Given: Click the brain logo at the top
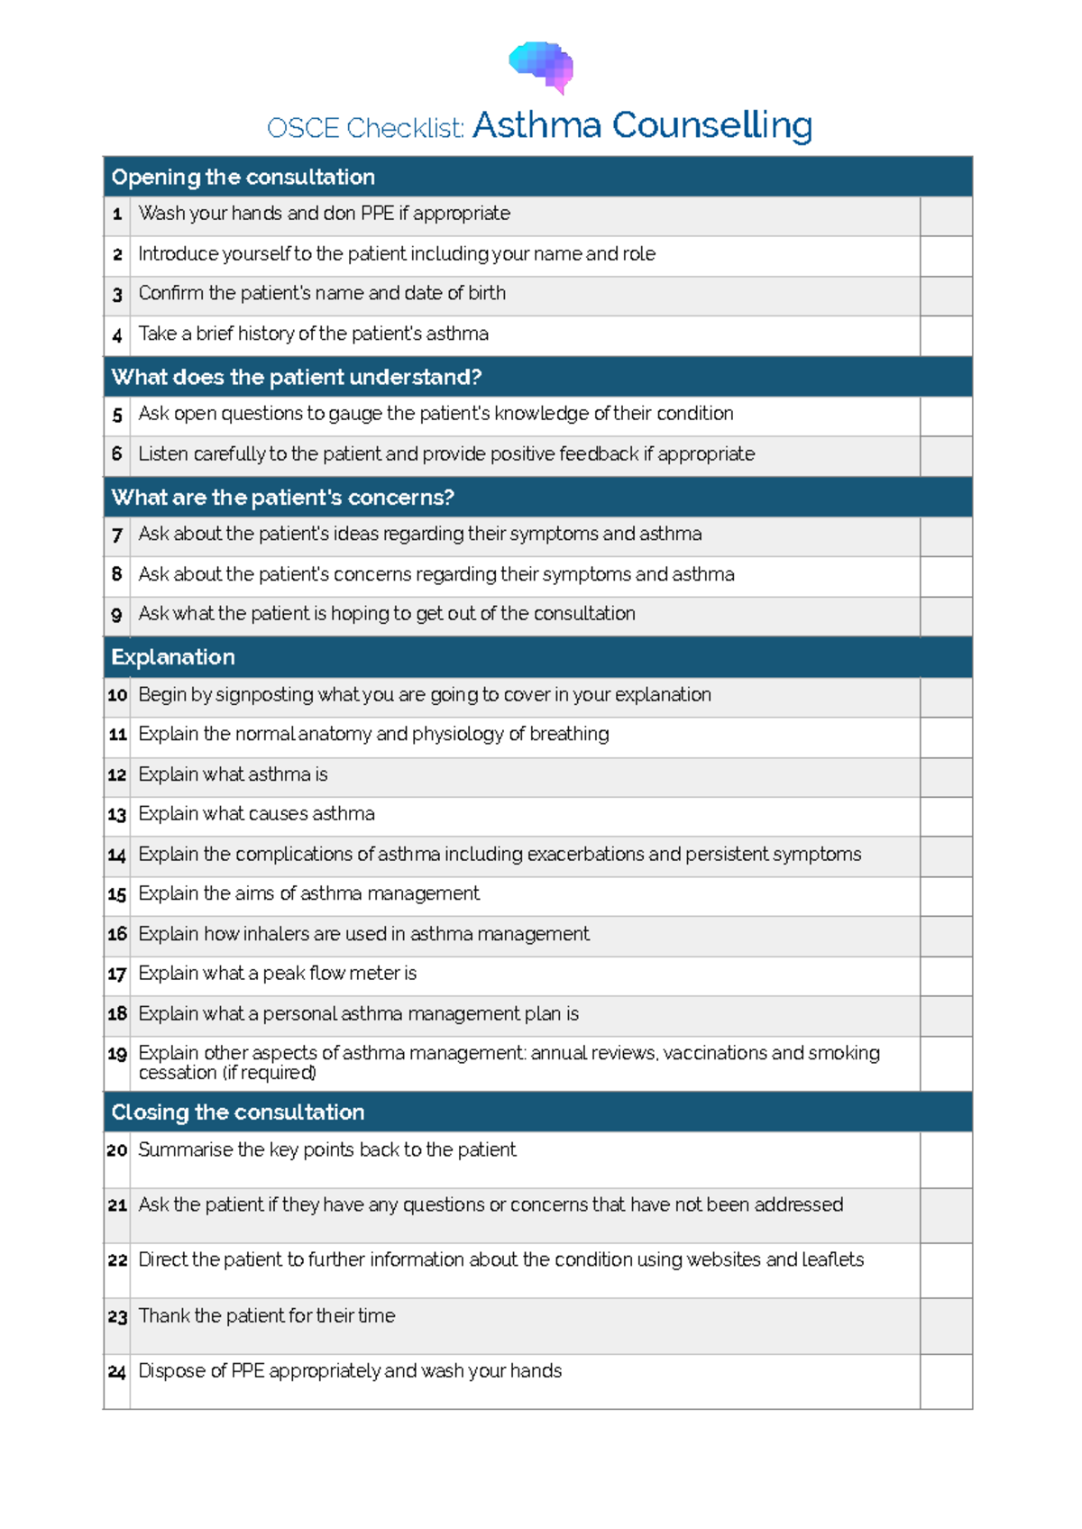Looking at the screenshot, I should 541,66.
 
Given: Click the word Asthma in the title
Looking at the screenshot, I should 536,125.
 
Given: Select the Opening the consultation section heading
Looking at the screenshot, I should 243,178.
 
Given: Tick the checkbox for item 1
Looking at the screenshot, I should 946,216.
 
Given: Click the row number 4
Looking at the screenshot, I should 117,336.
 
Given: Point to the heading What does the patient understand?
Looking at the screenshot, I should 297,377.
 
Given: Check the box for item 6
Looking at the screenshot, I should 946,456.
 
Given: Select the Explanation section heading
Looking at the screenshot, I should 173,657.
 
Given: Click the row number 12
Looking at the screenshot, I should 117,775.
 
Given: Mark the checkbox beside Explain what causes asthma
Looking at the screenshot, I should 946,817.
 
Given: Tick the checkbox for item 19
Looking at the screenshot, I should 946,1064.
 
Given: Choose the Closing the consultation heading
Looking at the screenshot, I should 238,1112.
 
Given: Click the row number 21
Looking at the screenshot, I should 117,1206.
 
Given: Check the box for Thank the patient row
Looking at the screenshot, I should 946,1326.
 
